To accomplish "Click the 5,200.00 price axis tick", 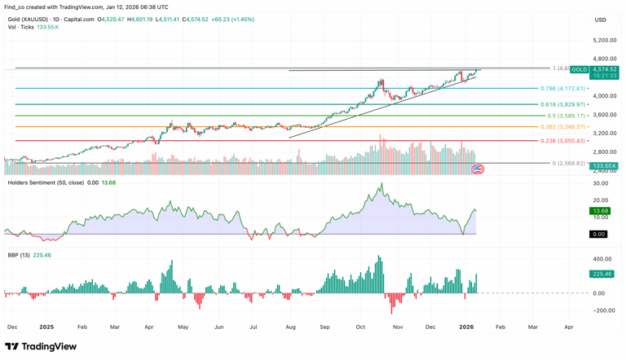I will tap(604, 40).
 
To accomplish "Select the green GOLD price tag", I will tap(579, 70).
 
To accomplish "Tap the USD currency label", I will tap(600, 20).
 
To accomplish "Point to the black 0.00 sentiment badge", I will tap(599, 235).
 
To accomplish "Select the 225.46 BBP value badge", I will tap(602, 274).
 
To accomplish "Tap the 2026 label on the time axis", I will tap(466, 327).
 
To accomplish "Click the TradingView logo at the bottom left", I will tap(41, 347).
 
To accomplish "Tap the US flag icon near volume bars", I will tap(478, 169).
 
